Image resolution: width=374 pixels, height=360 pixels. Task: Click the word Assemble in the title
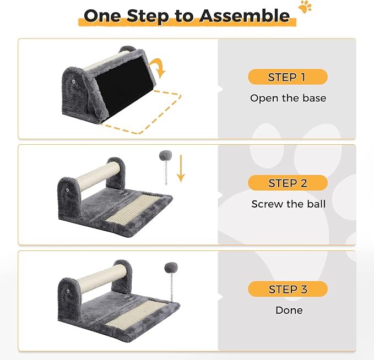click(245, 15)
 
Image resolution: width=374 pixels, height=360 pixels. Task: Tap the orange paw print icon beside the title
click(305, 7)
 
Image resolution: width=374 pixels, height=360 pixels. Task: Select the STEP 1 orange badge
click(288, 77)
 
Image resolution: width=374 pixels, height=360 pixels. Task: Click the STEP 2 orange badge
click(288, 183)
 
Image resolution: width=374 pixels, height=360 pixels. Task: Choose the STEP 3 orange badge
click(288, 289)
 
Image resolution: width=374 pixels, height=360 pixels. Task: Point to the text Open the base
click(288, 98)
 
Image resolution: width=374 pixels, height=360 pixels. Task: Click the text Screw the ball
click(289, 204)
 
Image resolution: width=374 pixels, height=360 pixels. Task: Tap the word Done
click(289, 310)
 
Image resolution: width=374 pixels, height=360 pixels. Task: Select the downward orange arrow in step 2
click(181, 168)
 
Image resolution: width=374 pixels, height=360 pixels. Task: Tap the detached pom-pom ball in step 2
click(166, 156)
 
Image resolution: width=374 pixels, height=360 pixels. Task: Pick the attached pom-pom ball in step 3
click(171, 268)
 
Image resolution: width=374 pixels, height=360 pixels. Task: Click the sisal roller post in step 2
click(98, 176)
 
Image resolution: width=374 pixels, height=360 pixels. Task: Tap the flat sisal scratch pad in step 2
click(133, 207)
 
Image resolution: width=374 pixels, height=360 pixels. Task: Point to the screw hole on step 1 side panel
click(73, 82)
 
